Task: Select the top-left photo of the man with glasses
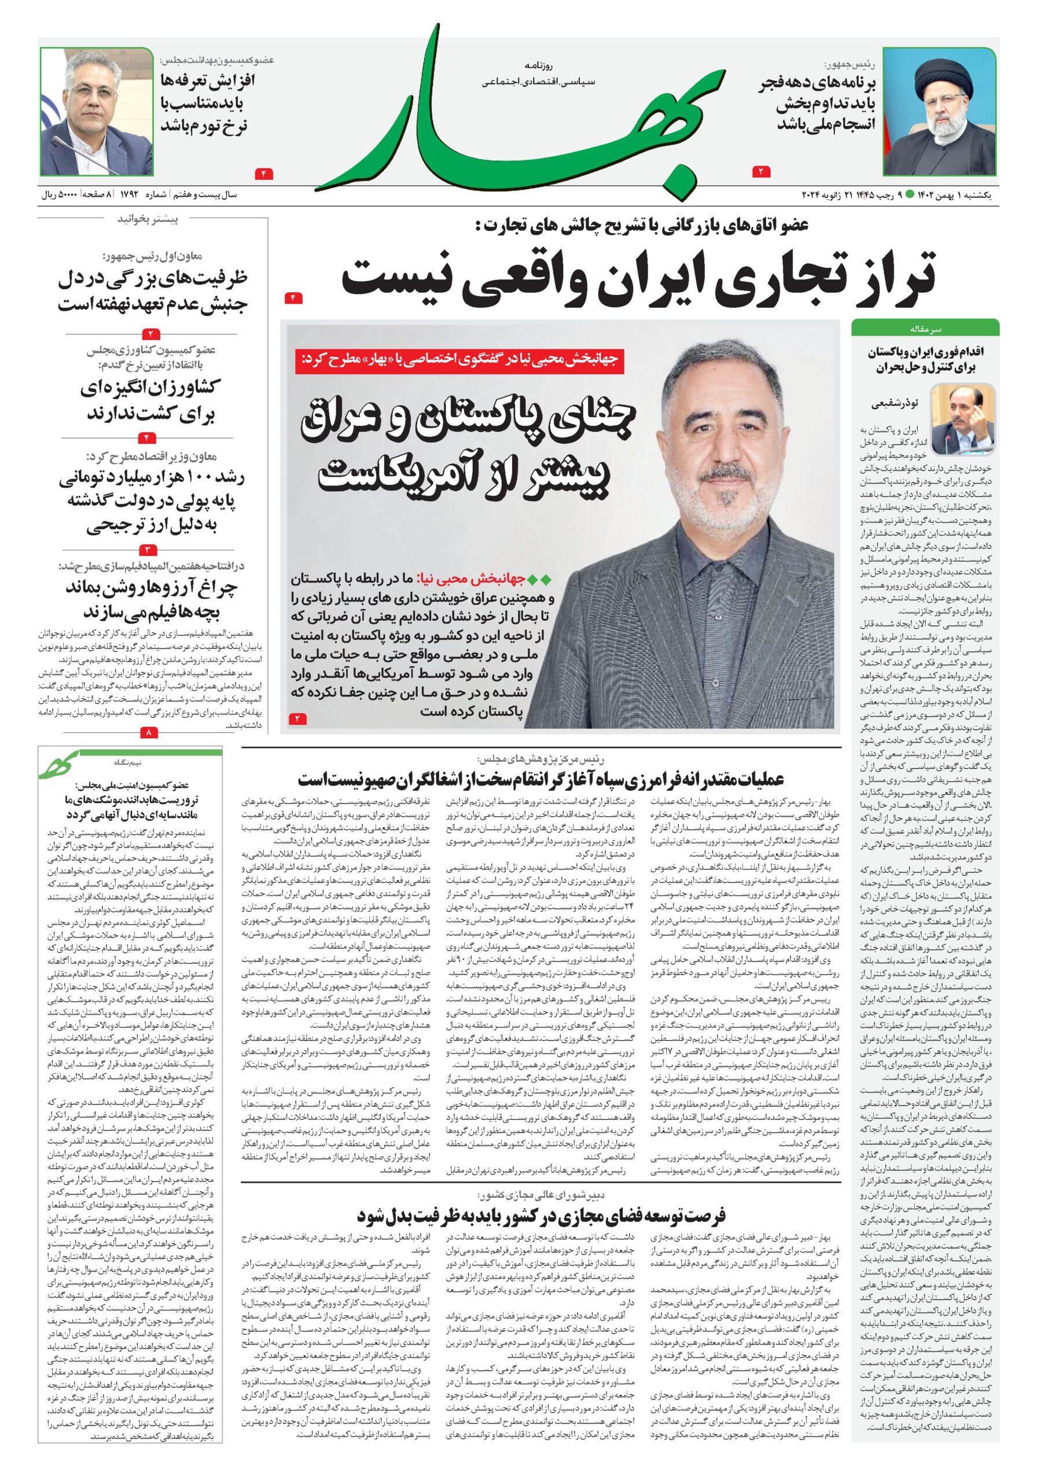coord(97,111)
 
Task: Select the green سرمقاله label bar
coord(925,329)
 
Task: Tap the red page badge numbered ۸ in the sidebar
coord(150,733)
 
